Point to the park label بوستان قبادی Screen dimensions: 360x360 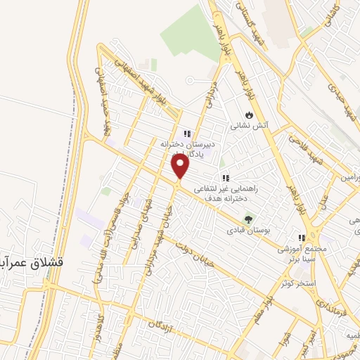tap(247, 230)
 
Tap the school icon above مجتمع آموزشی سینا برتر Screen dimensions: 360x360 tap(302, 238)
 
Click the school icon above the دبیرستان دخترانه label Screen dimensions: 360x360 tap(186, 134)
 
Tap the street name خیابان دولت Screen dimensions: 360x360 tap(214, 243)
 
